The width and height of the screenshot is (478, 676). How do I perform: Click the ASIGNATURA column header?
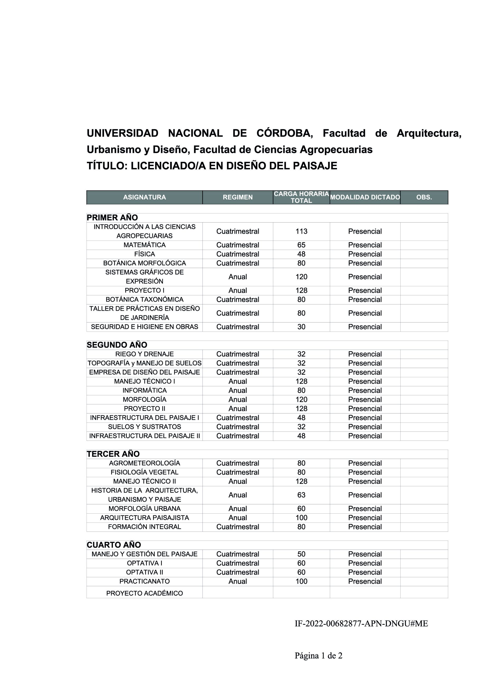pyautogui.click(x=144, y=197)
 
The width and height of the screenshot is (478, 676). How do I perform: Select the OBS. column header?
pyautogui.click(x=424, y=197)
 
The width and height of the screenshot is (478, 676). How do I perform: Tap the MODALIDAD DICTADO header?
pyautogui.click(x=365, y=197)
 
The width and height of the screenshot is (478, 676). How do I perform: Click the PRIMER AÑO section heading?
pyautogui.click(x=112, y=218)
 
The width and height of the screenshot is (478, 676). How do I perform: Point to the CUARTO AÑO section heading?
pyautogui.click(x=114, y=545)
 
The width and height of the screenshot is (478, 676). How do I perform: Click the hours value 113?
pyautogui.click(x=301, y=231)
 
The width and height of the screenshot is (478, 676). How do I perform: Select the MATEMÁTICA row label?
pyautogui.click(x=144, y=245)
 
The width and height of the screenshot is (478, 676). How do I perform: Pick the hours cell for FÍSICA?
pyautogui.click(x=301, y=254)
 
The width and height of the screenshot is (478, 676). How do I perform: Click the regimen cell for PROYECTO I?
pyautogui.click(x=237, y=290)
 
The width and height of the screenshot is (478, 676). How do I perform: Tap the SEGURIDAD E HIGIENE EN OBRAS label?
pyautogui.click(x=144, y=327)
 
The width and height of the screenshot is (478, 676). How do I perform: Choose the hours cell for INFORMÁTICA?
pyautogui.click(x=301, y=390)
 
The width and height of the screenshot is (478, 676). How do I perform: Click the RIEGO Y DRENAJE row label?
pyautogui.click(x=144, y=354)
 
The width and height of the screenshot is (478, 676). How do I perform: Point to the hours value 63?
pyautogui.click(x=301, y=495)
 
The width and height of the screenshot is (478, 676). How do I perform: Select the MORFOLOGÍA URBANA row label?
pyautogui.click(x=144, y=509)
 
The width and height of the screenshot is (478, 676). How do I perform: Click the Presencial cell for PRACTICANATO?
pyautogui.click(x=365, y=581)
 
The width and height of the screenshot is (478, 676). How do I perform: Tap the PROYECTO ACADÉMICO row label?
pyautogui.click(x=144, y=593)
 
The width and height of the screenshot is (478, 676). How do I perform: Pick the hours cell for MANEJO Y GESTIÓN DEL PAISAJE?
pyautogui.click(x=301, y=554)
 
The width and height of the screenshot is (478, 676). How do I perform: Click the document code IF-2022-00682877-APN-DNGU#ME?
pyautogui.click(x=361, y=624)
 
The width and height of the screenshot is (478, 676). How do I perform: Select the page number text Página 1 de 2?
pyautogui.click(x=318, y=656)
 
